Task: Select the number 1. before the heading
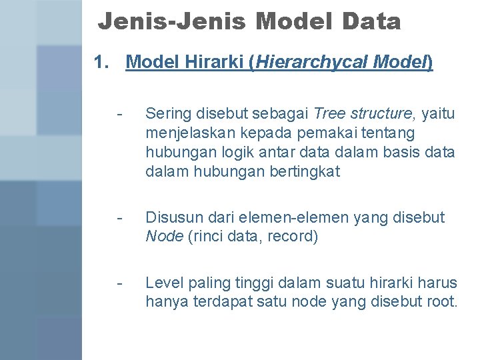tap(101, 63)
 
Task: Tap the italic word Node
tap(163, 237)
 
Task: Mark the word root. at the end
tap(441, 301)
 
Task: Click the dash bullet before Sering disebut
tap(119, 114)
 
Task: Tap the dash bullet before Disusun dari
tap(119, 217)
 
